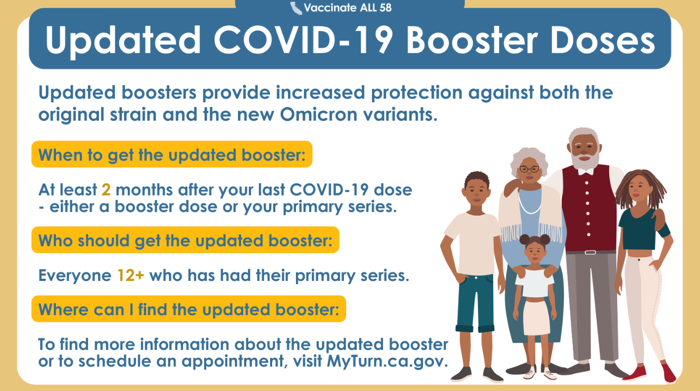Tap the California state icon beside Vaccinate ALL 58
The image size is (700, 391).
[296, 8]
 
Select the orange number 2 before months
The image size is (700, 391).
[106, 190]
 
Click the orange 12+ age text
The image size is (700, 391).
[131, 276]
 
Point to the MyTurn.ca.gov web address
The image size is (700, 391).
[388, 361]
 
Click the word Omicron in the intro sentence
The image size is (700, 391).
[319, 114]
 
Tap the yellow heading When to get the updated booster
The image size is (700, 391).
[172, 154]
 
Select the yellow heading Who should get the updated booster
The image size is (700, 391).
[185, 240]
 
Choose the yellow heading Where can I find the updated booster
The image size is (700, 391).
[189, 309]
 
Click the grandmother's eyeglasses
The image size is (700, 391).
[530, 169]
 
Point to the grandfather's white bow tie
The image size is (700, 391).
[586, 172]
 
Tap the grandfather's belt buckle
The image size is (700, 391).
[590, 252]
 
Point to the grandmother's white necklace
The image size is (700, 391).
[530, 203]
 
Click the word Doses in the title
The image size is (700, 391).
[602, 40]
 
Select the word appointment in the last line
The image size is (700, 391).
[234, 361]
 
